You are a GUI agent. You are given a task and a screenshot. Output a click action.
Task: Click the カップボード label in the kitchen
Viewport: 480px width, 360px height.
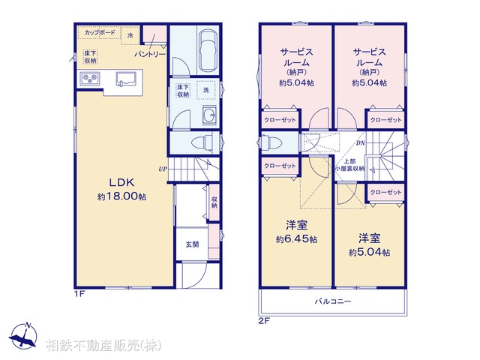(x=100, y=33)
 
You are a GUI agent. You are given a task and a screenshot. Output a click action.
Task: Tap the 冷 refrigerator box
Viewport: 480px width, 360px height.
(x=130, y=35)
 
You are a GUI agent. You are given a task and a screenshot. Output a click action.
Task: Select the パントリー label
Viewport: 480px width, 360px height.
(x=150, y=55)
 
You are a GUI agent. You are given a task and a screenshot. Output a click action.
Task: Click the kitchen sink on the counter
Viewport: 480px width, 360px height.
(x=125, y=77)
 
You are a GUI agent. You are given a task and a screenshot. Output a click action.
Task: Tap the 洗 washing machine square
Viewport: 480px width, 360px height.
(x=206, y=90)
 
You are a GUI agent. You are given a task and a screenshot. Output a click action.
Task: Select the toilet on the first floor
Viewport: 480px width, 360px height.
(x=202, y=142)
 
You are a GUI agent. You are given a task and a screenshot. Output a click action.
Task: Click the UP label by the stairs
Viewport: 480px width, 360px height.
(x=161, y=169)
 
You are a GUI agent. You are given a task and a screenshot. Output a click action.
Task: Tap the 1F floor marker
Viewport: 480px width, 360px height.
(x=79, y=294)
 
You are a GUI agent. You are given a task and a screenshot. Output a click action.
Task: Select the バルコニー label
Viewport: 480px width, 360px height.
(x=333, y=301)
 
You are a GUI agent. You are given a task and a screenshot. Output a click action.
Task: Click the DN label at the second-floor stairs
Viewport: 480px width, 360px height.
(x=360, y=143)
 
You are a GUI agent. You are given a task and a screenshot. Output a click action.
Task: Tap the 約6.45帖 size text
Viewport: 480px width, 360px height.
(x=295, y=240)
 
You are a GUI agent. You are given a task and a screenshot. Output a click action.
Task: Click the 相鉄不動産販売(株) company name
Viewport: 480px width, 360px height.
(x=102, y=346)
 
